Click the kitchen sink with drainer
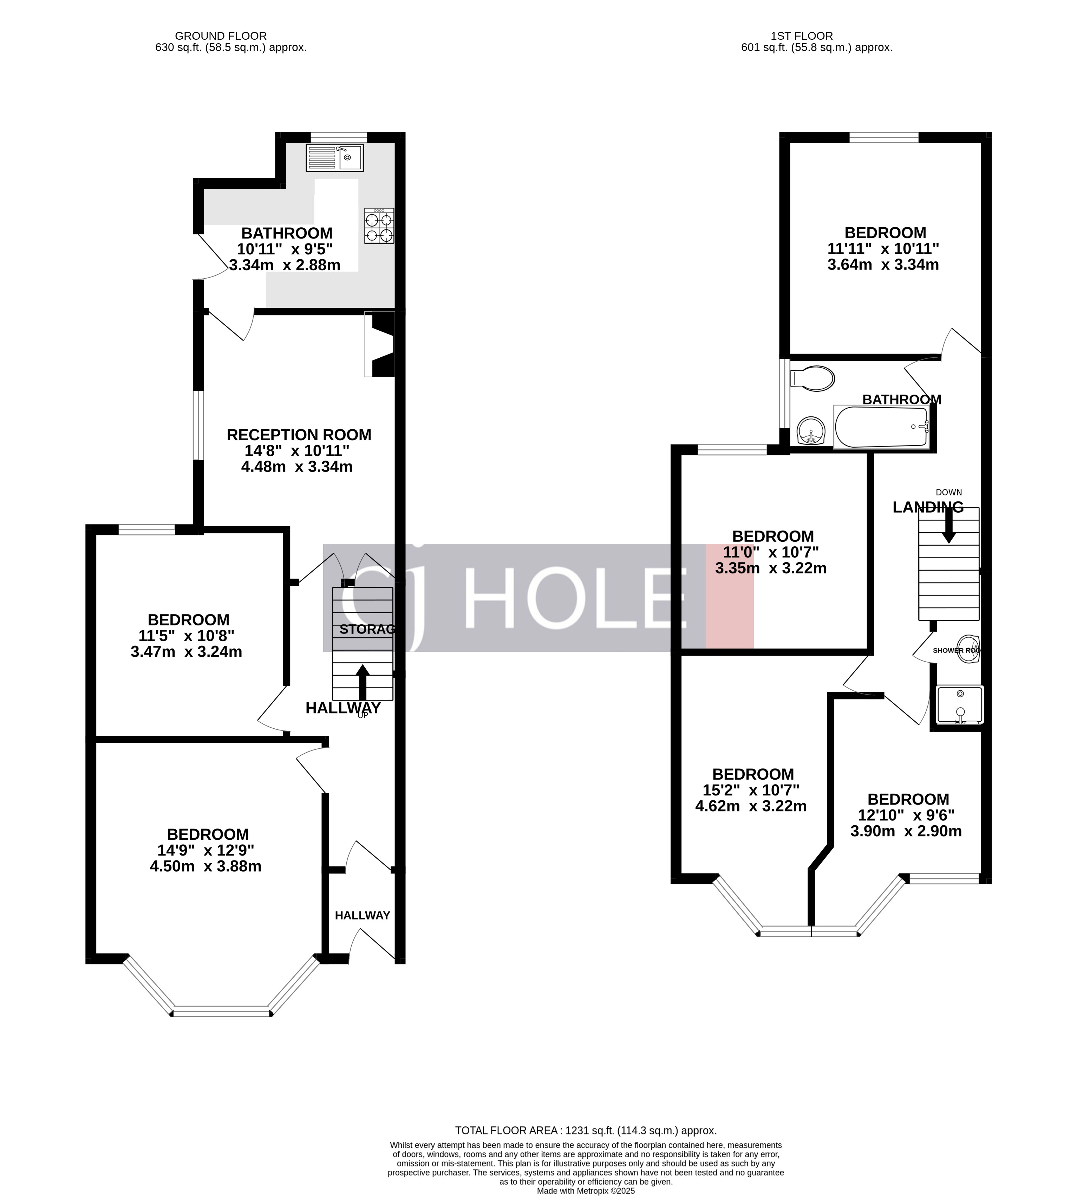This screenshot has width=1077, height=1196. point(334,157)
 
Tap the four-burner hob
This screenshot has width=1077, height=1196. point(379,226)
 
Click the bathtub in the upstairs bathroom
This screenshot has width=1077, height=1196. point(881,427)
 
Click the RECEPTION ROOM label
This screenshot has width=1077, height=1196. point(299,435)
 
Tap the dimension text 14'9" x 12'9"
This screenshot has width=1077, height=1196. point(206,850)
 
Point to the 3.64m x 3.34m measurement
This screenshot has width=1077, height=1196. point(883,265)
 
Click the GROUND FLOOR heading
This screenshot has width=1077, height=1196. point(221,36)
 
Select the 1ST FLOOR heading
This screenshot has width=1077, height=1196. point(802,36)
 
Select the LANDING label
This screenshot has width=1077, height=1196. point(928,507)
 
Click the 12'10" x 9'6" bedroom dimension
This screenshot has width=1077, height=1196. point(906,815)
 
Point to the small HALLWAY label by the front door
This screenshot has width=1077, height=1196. point(362,916)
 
